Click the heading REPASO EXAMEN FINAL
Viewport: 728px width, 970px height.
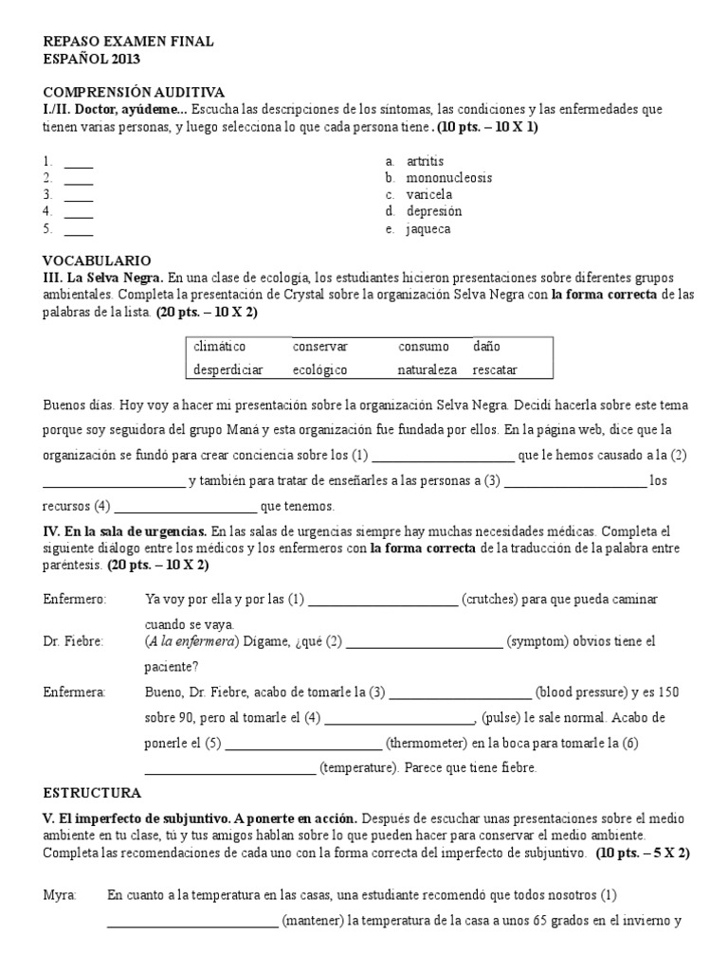tap(129, 42)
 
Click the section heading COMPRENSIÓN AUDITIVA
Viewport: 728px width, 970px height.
tap(134, 92)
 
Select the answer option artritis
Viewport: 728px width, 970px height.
tap(425, 161)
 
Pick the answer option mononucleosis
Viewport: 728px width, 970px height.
tap(449, 178)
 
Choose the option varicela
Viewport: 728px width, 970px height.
tap(429, 195)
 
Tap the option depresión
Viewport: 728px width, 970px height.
tap(434, 211)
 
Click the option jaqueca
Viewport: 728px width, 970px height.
tap(428, 228)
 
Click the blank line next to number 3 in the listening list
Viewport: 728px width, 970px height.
tap(79, 196)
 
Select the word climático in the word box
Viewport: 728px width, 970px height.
tap(220, 347)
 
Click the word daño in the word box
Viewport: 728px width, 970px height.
tap(487, 347)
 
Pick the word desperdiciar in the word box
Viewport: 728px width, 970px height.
tap(228, 369)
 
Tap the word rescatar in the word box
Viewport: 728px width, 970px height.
tap(496, 369)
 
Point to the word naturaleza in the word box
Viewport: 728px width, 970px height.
tap(427, 369)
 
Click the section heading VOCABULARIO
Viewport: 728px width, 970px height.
tap(97, 260)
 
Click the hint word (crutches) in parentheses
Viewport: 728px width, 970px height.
tap(489, 600)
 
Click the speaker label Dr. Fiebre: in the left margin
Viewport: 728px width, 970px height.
tap(74, 641)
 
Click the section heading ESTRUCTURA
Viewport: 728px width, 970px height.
tap(93, 792)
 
